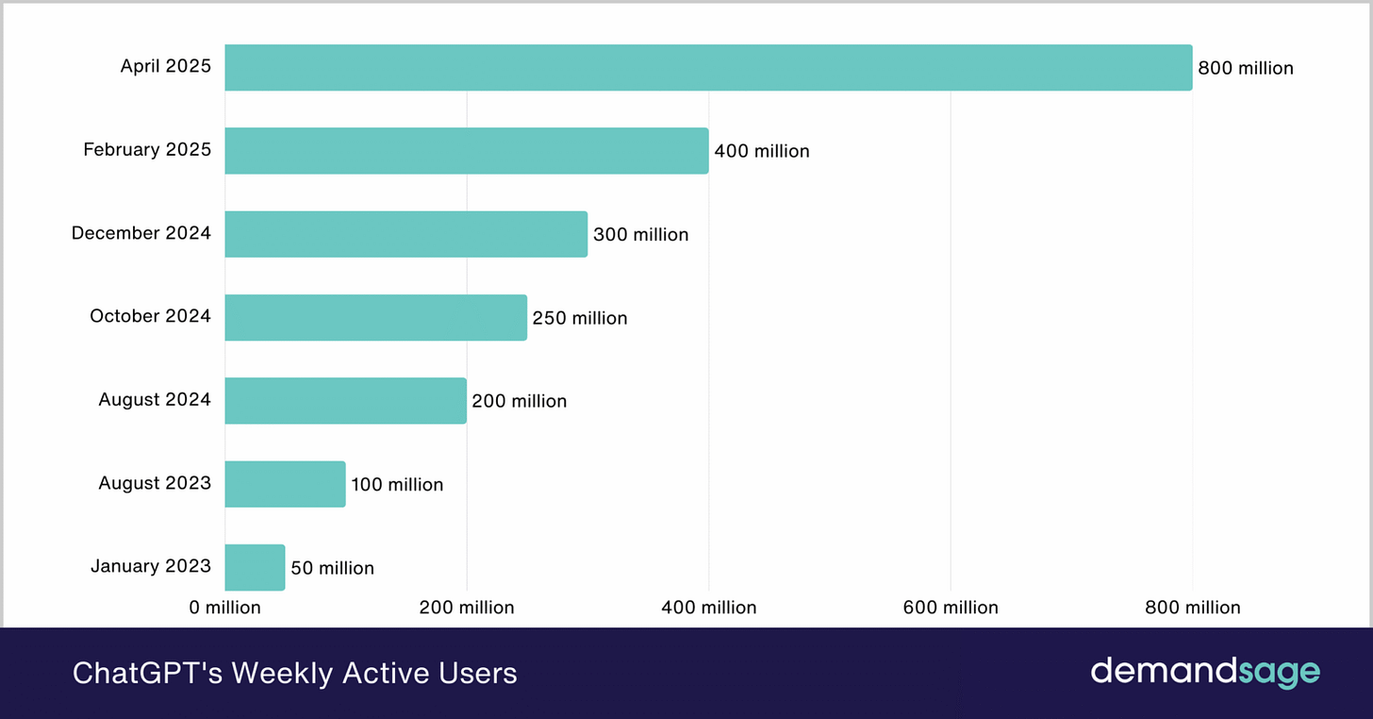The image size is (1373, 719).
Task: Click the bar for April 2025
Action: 708,68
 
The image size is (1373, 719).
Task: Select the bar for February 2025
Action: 466,151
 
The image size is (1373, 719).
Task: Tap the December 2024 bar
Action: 405,234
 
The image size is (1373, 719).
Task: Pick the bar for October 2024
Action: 375,317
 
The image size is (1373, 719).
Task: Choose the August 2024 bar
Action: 345,400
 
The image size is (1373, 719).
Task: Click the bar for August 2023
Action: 285,484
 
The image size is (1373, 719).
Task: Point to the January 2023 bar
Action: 255,567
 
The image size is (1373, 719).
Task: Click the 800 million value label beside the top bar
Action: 1246,68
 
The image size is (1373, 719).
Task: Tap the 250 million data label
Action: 580,318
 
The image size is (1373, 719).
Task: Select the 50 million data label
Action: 332,568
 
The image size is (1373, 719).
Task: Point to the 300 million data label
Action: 641,235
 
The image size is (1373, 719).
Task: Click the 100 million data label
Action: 397,485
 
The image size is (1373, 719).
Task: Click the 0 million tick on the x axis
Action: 224,608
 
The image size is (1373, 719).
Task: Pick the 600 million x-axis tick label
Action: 951,608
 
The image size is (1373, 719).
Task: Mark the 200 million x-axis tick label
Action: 467,608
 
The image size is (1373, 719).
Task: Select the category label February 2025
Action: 147,149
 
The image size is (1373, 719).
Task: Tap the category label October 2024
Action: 150,316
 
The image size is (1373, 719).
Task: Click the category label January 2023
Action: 151,566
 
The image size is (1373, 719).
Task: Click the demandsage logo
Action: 1205,672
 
